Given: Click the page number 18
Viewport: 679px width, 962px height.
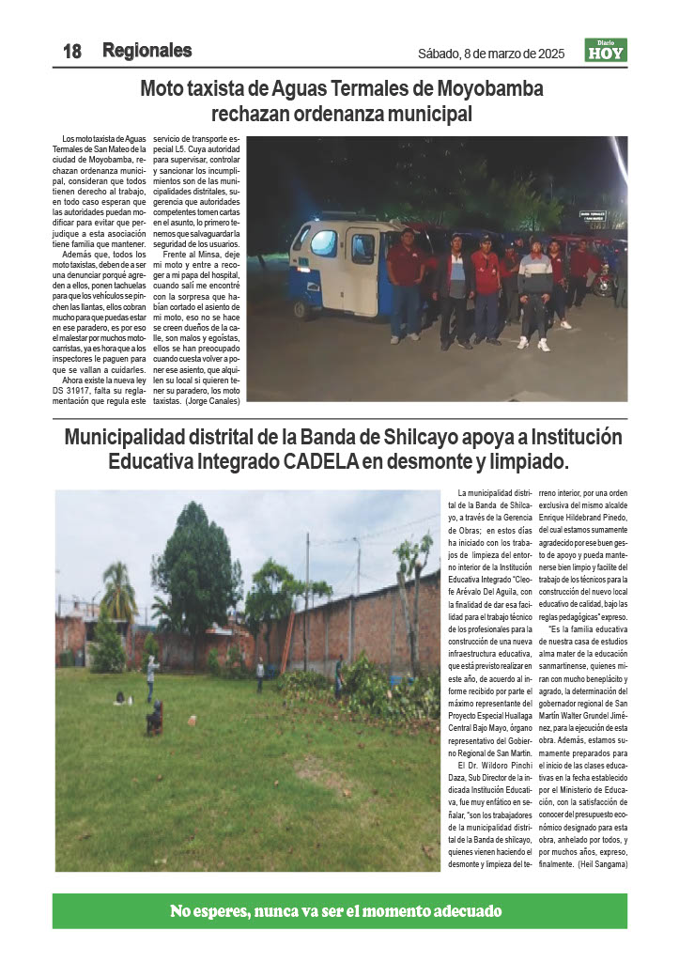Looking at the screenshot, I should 72,52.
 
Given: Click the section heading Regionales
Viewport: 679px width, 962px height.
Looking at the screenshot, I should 147,51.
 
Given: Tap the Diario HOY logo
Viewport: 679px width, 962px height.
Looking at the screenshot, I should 605,50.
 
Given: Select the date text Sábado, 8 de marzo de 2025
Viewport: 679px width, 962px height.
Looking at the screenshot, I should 491,54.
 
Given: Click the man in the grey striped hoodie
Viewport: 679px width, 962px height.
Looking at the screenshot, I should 535,287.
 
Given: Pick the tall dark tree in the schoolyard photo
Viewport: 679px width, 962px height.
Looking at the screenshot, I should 196,564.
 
